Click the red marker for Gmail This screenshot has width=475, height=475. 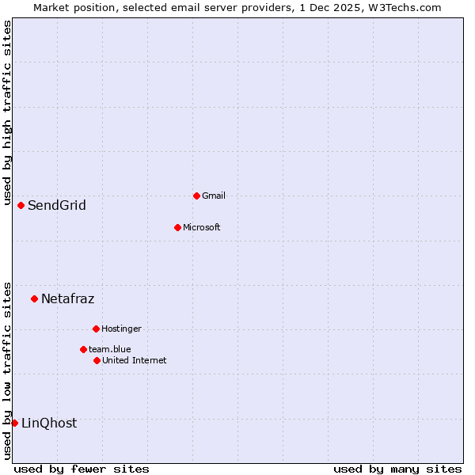pos(196,196)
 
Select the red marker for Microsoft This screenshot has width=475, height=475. pos(177,227)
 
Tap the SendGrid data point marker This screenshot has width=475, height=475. pos(21,205)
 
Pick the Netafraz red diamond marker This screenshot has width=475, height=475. pos(34,298)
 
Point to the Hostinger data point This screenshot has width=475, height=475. pos(96,329)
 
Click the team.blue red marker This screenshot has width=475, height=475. pos(83,349)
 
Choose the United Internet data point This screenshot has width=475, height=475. pos(97,360)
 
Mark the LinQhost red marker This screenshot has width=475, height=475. pos(14,423)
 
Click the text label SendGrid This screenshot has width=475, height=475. pos(57,206)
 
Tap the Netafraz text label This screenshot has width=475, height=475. pos(67,298)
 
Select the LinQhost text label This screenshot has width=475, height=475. pos(49,424)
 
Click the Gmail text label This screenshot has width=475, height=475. pos(214,196)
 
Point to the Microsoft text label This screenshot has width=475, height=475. pos(201,227)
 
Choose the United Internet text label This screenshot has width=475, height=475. pos(134,360)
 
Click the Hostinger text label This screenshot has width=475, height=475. pos(121,329)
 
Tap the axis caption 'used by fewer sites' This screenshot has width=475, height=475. pos(82,469)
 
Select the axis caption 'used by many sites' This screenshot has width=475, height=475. pos(397,469)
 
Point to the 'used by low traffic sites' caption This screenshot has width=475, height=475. pos(7,370)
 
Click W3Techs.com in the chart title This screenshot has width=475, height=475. pos(402,7)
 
